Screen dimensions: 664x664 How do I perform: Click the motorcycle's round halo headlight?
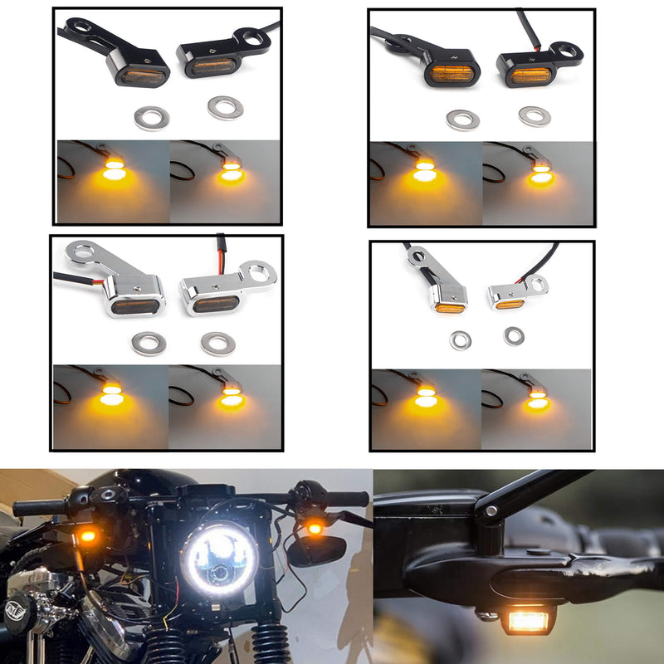click(x=220, y=559)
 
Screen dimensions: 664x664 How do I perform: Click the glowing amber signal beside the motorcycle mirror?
click(x=315, y=527)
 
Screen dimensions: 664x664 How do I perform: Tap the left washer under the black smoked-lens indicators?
click(x=151, y=118)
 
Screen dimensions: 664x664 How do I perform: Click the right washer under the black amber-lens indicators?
click(x=534, y=116)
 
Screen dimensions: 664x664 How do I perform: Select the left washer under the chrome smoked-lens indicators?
click(x=149, y=342)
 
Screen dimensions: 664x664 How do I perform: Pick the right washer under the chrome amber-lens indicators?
click(x=514, y=335)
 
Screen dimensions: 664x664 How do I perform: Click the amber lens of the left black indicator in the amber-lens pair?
click(x=450, y=74)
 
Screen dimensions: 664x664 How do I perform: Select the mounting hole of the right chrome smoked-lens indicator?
click(x=261, y=271)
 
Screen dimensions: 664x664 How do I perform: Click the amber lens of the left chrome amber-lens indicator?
click(x=449, y=306)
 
